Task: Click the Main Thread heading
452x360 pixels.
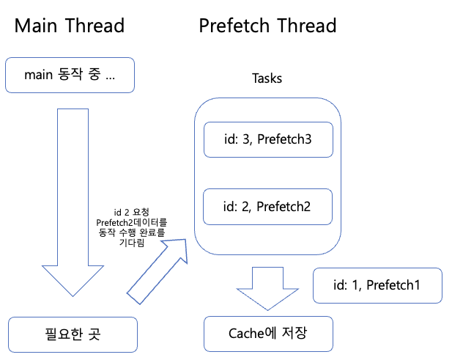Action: [70, 26]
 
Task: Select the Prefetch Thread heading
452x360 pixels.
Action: [267, 26]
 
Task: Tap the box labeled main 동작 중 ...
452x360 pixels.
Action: [70, 75]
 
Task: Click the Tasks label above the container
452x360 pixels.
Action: [267, 78]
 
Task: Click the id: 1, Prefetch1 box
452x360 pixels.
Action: [377, 285]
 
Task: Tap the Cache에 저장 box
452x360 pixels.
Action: [267, 333]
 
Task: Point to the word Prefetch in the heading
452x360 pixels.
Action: [235, 26]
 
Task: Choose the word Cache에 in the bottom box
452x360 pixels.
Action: [251, 333]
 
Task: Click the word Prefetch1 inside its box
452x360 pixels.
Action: [394, 285]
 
